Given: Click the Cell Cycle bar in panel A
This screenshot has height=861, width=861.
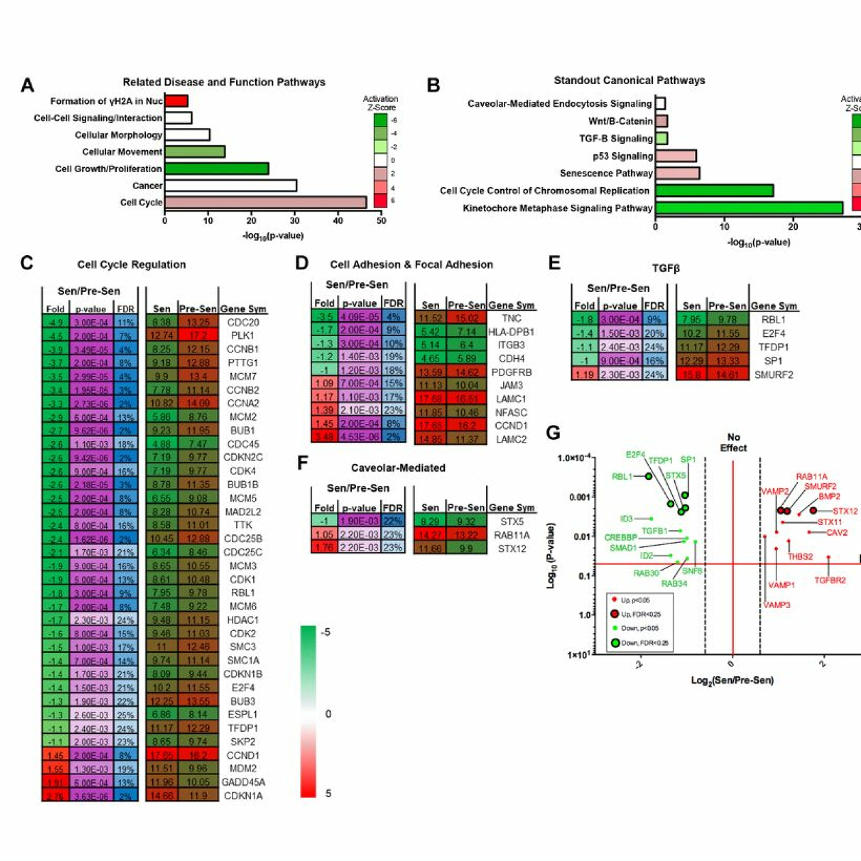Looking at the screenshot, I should click(265, 202).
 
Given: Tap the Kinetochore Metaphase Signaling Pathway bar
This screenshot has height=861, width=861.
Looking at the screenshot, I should click(749, 208).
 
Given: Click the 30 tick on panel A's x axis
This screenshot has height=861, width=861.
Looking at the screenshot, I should click(294, 221).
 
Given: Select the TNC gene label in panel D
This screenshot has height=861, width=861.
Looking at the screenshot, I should click(511, 318).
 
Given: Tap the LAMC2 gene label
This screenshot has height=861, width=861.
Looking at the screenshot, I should click(511, 439).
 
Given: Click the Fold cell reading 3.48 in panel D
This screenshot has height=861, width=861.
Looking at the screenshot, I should click(324, 437).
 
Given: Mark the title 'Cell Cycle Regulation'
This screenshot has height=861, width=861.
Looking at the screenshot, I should click(131, 265).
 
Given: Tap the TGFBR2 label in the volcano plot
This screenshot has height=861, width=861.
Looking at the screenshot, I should click(830, 580).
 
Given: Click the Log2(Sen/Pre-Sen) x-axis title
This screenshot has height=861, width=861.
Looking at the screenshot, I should click(732, 680).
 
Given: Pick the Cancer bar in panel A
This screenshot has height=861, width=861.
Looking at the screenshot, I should click(230, 185).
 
